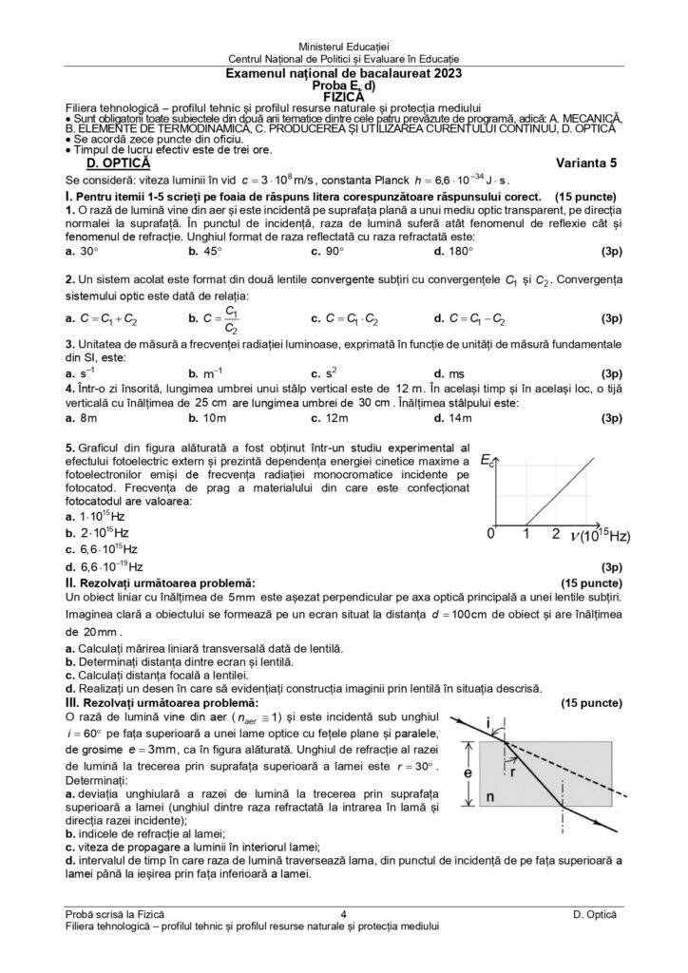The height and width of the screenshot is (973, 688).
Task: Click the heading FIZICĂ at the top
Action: pyautogui.click(x=343, y=97)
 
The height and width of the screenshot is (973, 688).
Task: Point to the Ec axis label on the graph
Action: pyautogui.click(x=487, y=461)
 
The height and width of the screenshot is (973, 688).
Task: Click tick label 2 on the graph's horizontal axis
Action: pyautogui.click(x=556, y=534)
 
